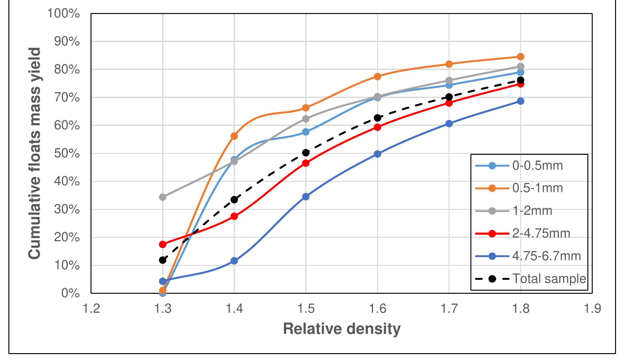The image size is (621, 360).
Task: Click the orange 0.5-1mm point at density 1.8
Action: tap(521, 57)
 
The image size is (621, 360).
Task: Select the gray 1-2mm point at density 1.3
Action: tap(163, 197)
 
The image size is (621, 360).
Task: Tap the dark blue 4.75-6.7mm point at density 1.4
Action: tap(234, 261)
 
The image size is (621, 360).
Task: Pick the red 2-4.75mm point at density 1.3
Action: tap(163, 244)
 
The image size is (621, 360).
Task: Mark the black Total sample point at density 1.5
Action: tap(306, 152)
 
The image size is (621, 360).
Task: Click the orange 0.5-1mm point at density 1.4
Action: tap(234, 136)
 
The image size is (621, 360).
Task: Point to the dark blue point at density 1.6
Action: tap(377, 154)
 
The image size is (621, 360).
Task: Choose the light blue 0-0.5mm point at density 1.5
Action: tap(306, 132)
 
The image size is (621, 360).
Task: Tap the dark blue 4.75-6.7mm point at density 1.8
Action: tap(521, 101)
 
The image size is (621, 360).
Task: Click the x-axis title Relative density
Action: tap(342, 329)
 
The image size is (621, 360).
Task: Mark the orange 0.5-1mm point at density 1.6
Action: tap(377, 76)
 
